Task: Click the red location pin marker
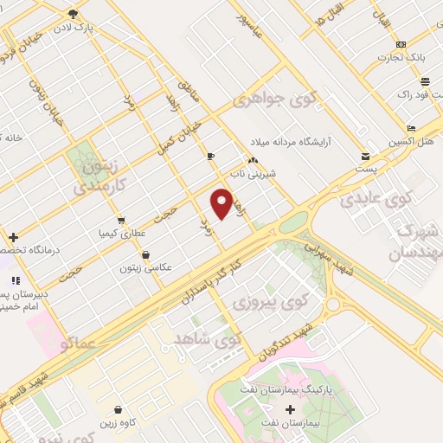221,203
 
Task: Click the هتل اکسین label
412,142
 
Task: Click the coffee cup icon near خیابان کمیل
210,156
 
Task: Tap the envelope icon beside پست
366,157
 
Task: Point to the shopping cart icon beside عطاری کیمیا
120,220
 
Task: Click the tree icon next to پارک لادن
73,14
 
